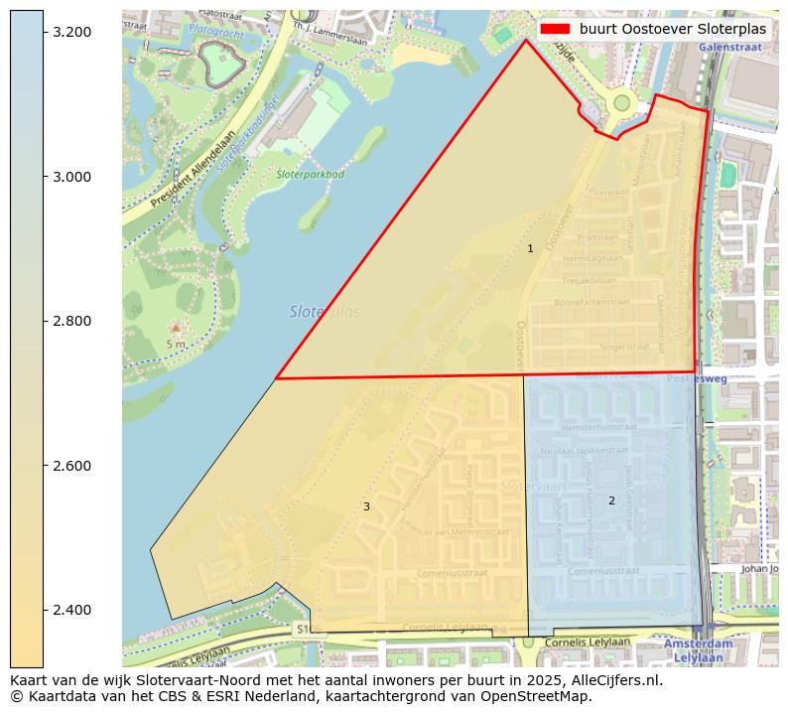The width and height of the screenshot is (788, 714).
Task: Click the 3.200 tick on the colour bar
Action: tap(72, 33)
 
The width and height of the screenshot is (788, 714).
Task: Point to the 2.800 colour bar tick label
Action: tap(72, 321)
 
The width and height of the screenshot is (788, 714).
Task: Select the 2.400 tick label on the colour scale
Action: tap(72, 610)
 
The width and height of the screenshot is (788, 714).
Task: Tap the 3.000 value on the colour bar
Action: tap(72, 177)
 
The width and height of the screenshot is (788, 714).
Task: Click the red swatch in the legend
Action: tap(554, 30)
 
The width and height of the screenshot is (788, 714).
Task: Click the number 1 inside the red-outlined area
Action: tap(530, 248)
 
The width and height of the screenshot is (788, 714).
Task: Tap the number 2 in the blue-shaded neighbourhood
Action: tap(611, 500)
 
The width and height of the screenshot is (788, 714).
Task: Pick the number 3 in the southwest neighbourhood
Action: tap(366, 506)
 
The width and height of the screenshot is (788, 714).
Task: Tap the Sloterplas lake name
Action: tap(325, 312)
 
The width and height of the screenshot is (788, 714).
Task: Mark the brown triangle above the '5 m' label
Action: tap(176, 327)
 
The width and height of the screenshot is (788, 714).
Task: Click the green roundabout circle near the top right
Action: tap(622, 102)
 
